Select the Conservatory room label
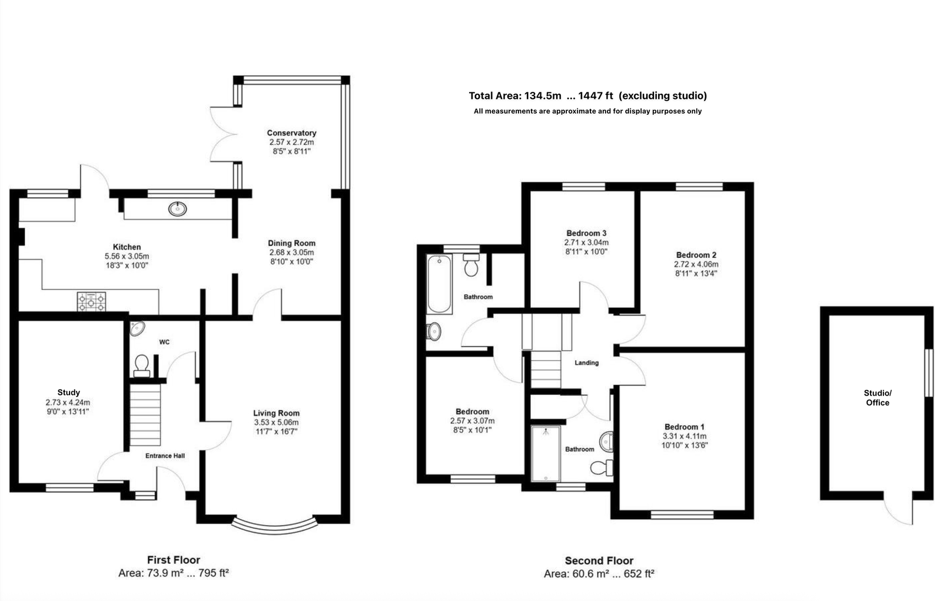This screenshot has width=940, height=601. coord(291,133)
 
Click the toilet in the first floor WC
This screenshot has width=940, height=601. coord(141,365)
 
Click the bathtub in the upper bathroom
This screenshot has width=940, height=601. coord(439,284)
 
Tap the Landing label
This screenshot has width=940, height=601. coord(586,363)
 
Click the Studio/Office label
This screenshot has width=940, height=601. coord(877,398)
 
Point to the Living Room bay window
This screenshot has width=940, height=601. coord(275,526)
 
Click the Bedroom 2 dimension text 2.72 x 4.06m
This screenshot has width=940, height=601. coord(696,264)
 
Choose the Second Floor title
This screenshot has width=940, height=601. coord(599,560)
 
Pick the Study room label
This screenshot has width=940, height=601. coord(68,393)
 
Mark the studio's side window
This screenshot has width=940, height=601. coord(929,373)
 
